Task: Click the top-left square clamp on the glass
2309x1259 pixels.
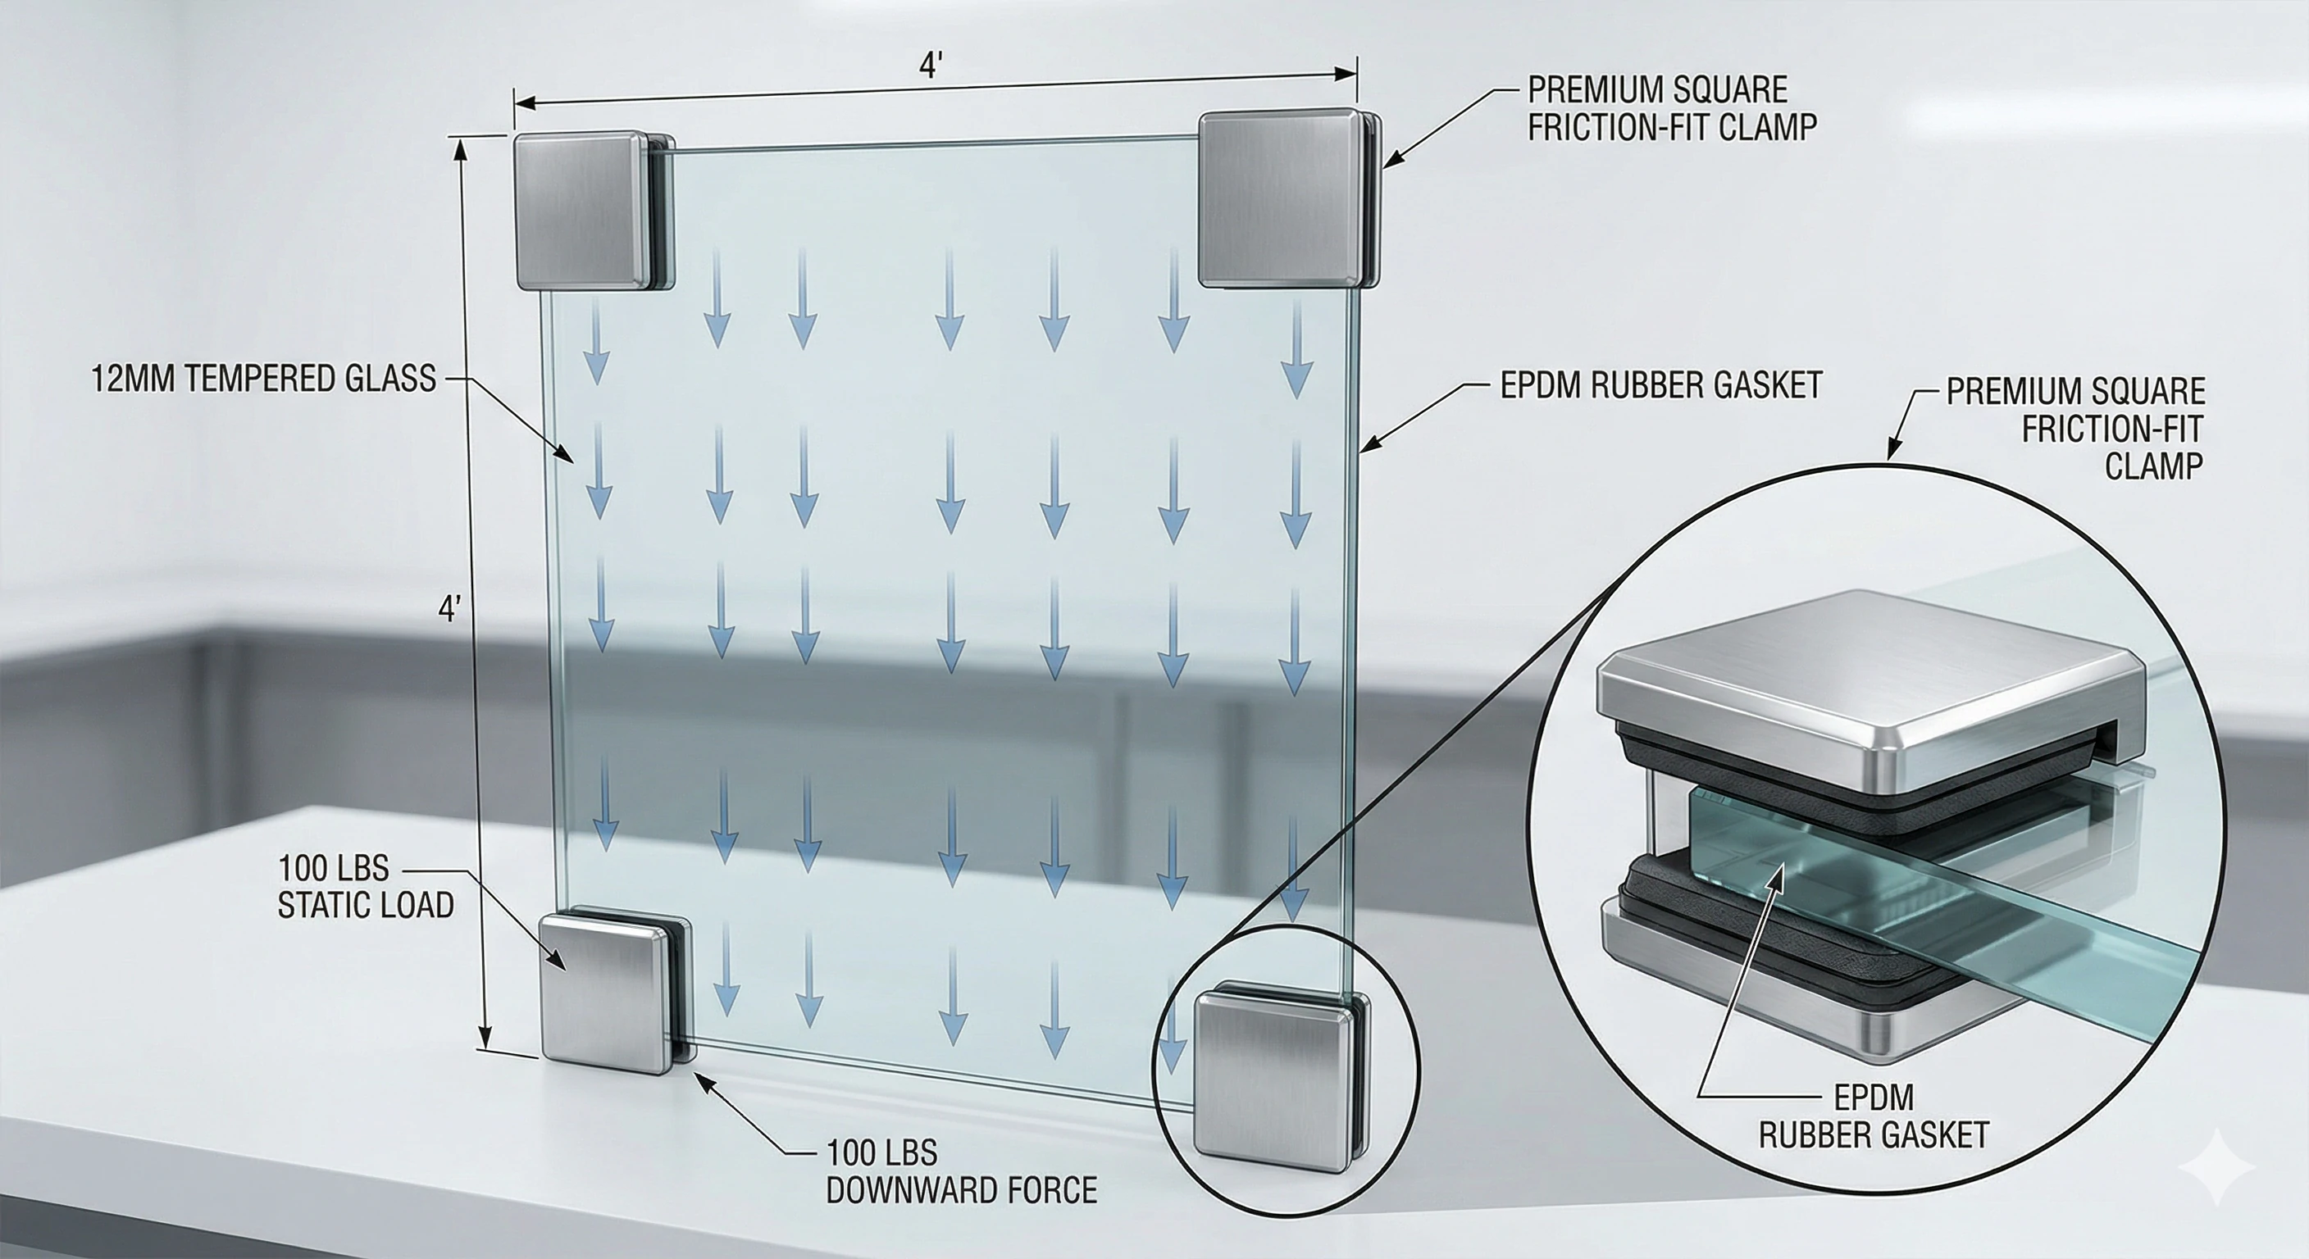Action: pyautogui.click(x=581, y=211)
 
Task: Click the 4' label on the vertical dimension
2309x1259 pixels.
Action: pyautogui.click(x=449, y=609)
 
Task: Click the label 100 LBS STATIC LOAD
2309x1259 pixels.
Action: pyautogui.click(x=364, y=887)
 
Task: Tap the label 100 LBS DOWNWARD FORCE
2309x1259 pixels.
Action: pyautogui.click(x=961, y=1171)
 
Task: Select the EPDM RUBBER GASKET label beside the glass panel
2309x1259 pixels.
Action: pyautogui.click(x=1661, y=384)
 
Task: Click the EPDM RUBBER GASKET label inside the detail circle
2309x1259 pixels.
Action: pyautogui.click(x=1874, y=1116)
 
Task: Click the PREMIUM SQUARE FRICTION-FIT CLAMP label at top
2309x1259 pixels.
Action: pyautogui.click(x=1672, y=108)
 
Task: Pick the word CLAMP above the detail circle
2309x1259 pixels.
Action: pyautogui.click(x=2153, y=466)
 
